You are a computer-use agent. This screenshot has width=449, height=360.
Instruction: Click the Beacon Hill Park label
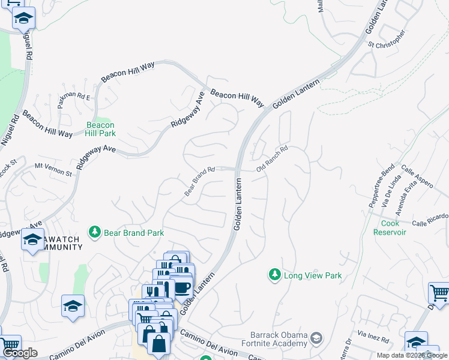pos(100,129)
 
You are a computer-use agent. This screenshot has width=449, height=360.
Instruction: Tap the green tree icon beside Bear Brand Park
pos(94,232)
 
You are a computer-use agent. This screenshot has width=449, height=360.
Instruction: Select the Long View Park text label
pos(313,275)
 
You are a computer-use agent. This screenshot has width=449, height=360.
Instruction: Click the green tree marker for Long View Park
pos(274,275)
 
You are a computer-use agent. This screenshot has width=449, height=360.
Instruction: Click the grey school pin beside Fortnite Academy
pos(317,340)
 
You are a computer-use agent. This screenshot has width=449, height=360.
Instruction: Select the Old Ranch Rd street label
pos(273,160)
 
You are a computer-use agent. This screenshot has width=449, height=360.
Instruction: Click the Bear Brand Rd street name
pos(199,181)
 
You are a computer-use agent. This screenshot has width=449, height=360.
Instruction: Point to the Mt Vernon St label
pos(53,169)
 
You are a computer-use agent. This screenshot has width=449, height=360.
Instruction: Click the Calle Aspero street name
pos(417,177)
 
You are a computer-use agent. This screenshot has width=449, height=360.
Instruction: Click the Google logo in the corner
pos(20,353)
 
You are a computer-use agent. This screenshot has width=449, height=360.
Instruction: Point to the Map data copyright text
pos(412,355)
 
